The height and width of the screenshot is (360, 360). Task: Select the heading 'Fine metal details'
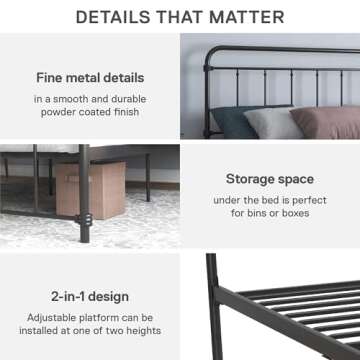tap(89, 77)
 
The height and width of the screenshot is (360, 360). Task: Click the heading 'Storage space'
tap(270, 179)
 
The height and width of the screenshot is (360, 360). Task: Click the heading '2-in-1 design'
tap(90, 296)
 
